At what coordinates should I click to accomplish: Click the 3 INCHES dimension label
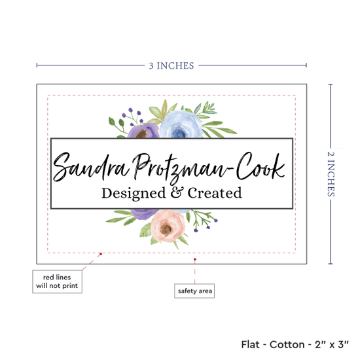pyautogui.click(x=171, y=65)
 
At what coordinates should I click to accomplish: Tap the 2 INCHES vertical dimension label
pyautogui.click(x=331, y=174)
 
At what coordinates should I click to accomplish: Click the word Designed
pyautogui.click(x=134, y=193)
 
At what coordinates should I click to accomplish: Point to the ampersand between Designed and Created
pyautogui.click(x=177, y=192)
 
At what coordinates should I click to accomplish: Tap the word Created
pyautogui.click(x=215, y=193)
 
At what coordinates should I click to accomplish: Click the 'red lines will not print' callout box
pyautogui.click(x=57, y=281)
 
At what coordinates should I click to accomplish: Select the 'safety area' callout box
pyautogui.click(x=194, y=291)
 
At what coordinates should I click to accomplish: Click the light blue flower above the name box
pyautogui.click(x=181, y=124)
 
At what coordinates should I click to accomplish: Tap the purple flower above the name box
pyautogui.click(x=143, y=131)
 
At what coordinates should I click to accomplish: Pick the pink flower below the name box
pyautogui.click(x=168, y=226)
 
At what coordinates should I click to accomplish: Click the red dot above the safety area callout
pyautogui.click(x=194, y=259)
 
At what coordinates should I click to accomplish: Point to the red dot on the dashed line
pyautogui.click(x=101, y=254)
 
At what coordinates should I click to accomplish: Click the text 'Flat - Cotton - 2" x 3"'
pyautogui.click(x=295, y=344)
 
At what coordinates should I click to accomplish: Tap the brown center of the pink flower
pyautogui.click(x=166, y=228)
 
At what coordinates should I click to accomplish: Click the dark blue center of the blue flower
pyautogui.click(x=179, y=134)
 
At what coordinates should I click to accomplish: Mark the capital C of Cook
pyautogui.click(x=244, y=166)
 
